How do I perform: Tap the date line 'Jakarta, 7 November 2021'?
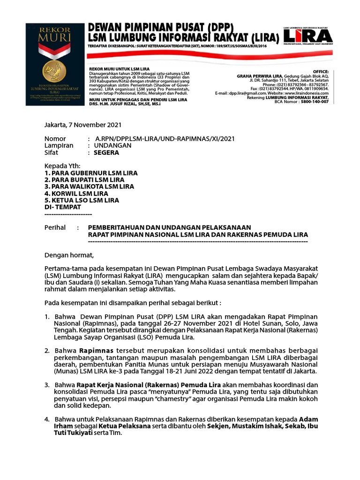pos(82,125)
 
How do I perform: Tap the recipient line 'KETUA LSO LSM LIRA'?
pos(82,200)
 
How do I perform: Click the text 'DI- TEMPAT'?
pos(62,207)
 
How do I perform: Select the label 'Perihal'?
pos(55,227)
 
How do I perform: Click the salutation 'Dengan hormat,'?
pos(69,255)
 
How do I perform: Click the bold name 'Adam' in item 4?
pos(309,419)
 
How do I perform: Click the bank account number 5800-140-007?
pos(315,101)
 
